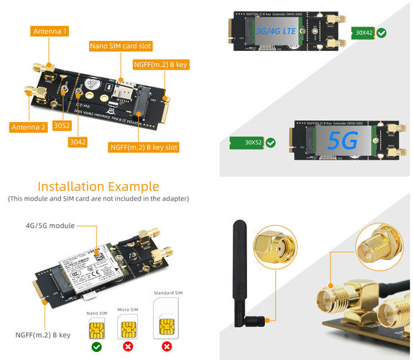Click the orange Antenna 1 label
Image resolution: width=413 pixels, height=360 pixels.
(x=50, y=32)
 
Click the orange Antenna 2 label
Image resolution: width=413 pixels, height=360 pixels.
(x=29, y=127)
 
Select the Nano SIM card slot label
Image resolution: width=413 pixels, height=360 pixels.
(x=120, y=45)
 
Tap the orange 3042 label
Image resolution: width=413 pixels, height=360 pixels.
(x=78, y=142)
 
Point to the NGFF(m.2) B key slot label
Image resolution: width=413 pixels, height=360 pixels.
(x=143, y=147)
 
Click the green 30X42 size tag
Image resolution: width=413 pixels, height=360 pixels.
(x=364, y=33)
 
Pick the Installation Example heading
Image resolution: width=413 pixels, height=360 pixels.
(x=98, y=186)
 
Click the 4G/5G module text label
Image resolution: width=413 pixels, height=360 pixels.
(x=50, y=226)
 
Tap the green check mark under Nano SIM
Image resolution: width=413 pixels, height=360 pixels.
(x=95, y=346)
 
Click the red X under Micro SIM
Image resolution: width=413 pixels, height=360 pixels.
(x=128, y=346)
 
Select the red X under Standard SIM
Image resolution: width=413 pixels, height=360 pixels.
(x=167, y=346)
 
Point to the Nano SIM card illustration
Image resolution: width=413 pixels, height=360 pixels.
(x=95, y=330)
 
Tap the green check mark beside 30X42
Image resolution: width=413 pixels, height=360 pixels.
(x=383, y=33)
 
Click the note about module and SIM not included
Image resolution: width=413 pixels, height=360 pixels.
(x=98, y=198)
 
